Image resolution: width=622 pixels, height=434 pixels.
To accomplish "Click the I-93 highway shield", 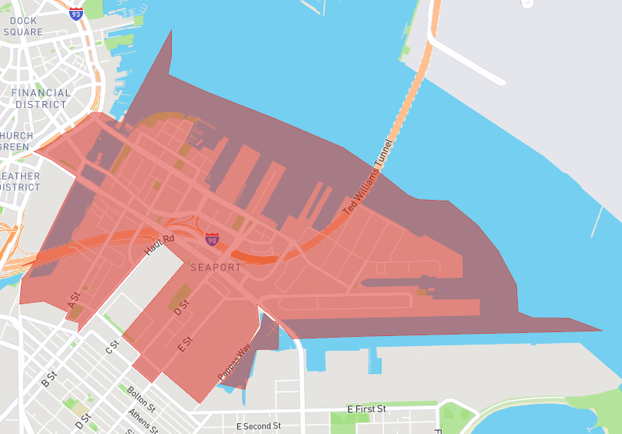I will [75, 13].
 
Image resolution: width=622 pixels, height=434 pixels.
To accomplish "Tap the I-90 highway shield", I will [212, 240].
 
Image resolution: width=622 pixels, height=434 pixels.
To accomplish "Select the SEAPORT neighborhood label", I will [216, 267].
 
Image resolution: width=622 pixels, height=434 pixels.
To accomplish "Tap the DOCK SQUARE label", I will [23, 26].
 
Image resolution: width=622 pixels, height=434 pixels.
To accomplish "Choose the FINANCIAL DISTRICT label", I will [41, 98].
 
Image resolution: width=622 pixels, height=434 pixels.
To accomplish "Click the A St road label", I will [75, 300].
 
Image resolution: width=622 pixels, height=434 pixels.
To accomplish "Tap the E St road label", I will [185, 343].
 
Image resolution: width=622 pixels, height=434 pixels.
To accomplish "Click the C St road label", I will [113, 346].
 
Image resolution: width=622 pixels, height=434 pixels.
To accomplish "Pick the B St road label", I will [49, 379].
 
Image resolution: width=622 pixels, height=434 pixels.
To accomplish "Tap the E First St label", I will [366, 408].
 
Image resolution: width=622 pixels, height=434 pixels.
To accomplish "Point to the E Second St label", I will [259, 426].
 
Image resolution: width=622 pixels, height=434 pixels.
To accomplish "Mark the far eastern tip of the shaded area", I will [601, 330].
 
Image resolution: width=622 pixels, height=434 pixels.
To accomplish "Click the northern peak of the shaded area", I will [171, 30].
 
